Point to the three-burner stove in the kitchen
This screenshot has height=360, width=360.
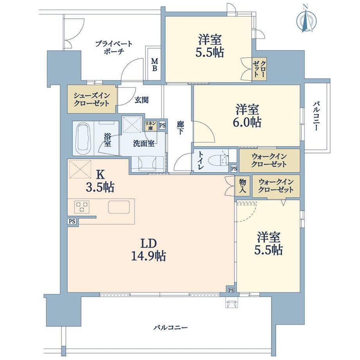tap(82, 207)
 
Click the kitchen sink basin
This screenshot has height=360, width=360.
tap(119, 207)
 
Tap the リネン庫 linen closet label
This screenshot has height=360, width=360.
tap(151, 126)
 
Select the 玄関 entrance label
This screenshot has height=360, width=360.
tap(141, 100)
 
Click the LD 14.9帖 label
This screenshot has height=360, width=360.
tap(148, 250)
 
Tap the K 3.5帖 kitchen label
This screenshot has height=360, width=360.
tap(100, 181)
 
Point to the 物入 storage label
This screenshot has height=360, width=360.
tap(243, 186)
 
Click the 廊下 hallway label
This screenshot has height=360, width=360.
tap(180, 128)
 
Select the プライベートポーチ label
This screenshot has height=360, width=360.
tap(114, 47)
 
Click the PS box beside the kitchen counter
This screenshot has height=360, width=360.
tap(72, 221)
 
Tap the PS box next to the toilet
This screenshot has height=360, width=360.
tap(234, 169)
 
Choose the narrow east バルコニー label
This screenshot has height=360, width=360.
tap(316, 116)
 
